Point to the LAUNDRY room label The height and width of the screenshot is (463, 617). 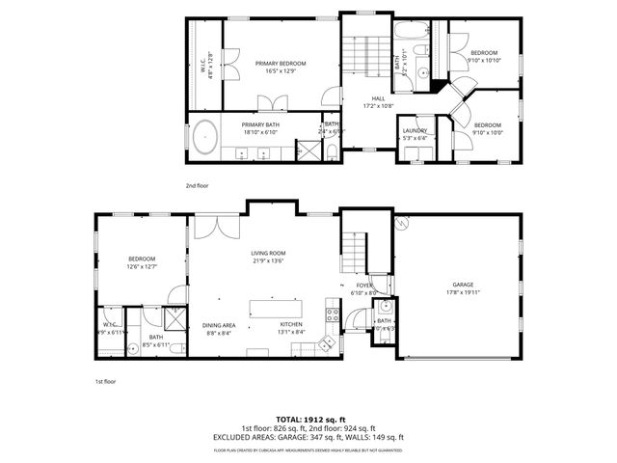(415, 130)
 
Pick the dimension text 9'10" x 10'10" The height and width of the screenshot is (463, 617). (484, 60)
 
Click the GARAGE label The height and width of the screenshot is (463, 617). (463, 285)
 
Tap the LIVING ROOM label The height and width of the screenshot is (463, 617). (268, 253)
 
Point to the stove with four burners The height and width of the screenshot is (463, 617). (333, 313)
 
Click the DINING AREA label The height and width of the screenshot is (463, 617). (219, 325)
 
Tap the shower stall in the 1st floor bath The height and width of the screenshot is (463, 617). (175, 317)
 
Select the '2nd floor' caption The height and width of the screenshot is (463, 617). (198, 184)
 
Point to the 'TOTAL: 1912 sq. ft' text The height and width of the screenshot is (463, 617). (308, 418)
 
